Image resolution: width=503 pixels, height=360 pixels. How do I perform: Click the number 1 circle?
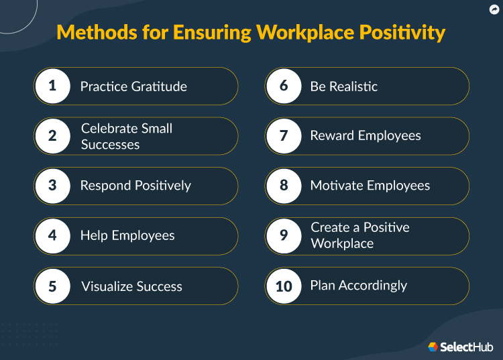point(52,86)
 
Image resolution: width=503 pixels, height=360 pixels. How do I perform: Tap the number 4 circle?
point(52,235)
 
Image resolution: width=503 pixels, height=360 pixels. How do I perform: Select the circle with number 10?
point(284,286)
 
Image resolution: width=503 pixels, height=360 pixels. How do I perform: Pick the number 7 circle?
point(284,135)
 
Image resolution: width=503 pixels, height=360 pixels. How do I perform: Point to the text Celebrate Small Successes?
point(127,136)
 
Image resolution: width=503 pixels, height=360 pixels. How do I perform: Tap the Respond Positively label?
point(135,186)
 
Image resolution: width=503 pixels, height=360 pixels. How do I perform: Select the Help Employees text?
point(127,235)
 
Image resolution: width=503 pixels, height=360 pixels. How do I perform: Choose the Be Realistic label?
point(343,86)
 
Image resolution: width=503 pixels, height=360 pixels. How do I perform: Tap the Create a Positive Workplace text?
point(359,235)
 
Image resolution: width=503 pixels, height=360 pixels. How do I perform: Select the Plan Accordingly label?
point(358,286)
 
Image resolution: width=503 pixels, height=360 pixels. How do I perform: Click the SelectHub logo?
point(461,347)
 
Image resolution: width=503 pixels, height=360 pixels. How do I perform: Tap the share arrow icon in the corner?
point(494,9)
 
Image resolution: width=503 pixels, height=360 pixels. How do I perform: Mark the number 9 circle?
point(284,235)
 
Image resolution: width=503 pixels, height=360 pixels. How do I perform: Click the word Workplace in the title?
point(297,32)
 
